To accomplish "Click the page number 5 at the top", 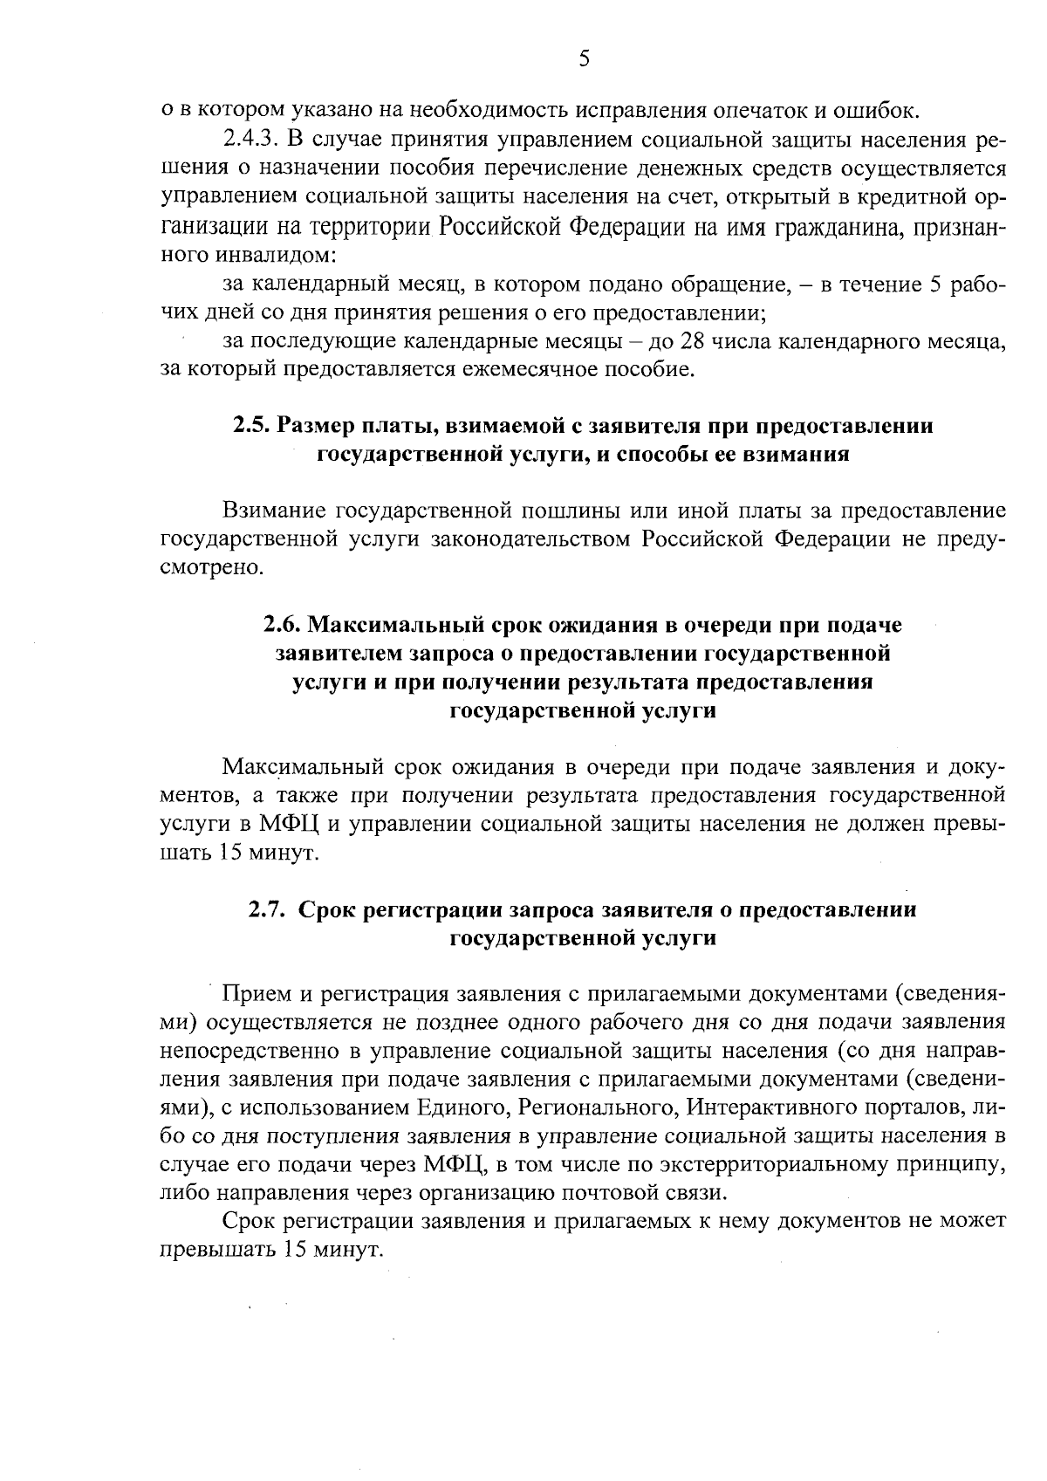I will (585, 58).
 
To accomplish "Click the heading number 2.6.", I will (284, 625).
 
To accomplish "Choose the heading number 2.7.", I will (267, 909).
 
